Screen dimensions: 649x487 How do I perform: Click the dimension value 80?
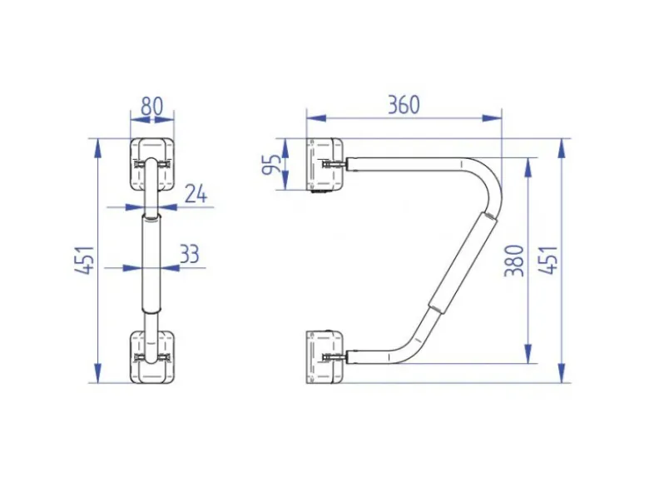[x=152, y=107]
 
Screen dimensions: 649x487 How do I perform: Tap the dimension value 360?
[x=404, y=104]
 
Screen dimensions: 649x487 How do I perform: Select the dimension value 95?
[x=271, y=164]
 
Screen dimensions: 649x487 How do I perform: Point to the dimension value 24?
[x=196, y=193]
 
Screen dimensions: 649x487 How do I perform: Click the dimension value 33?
[x=190, y=254]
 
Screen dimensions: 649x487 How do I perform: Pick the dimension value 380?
[x=515, y=260]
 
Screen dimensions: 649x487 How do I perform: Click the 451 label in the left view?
[x=86, y=260]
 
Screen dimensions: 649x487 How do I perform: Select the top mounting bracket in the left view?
[x=152, y=164]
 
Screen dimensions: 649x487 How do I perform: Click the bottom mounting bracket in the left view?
[x=152, y=356]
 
